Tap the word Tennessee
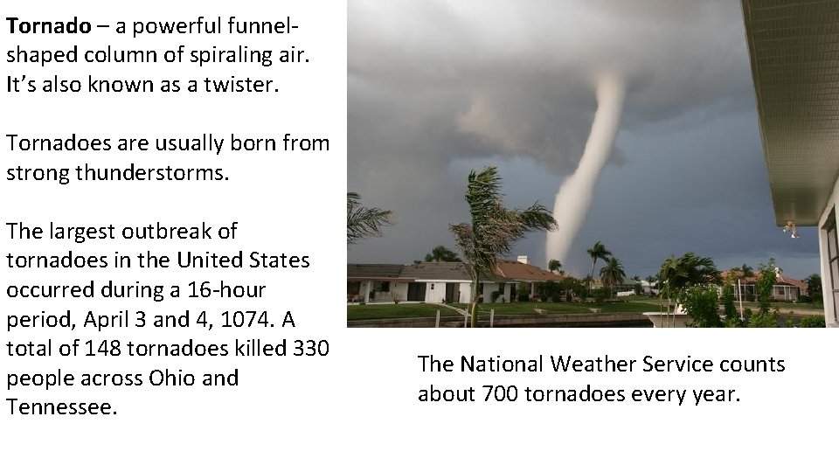[x=61, y=407]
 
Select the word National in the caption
[x=495, y=364]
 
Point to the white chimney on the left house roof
[x=523, y=260]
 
